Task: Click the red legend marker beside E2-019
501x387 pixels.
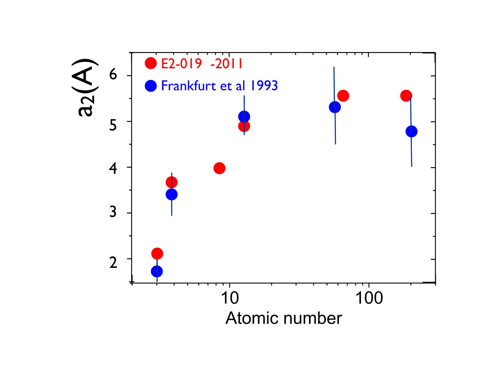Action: (151, 63)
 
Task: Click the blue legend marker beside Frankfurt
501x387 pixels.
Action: (151, 86)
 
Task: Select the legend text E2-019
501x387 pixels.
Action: (181, 63)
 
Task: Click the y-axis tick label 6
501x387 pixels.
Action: (113, 74)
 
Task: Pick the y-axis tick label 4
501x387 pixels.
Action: (113, 168)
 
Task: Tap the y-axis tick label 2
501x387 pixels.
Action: (113, 262)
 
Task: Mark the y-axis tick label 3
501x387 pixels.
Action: (113, 212)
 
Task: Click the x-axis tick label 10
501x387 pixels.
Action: (230, 298)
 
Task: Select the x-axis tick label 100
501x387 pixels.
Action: (369, 298)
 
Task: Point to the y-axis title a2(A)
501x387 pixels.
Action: (85, 87)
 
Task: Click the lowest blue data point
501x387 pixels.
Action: (157, 271)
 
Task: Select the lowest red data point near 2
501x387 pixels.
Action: (157, 253)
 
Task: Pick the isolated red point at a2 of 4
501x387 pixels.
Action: (219, 168)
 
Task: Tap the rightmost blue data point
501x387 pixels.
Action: (411, 131)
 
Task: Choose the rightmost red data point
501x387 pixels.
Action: (406, 96)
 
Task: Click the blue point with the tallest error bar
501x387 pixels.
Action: (335, 107)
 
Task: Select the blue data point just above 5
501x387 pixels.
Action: (244, 116)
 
